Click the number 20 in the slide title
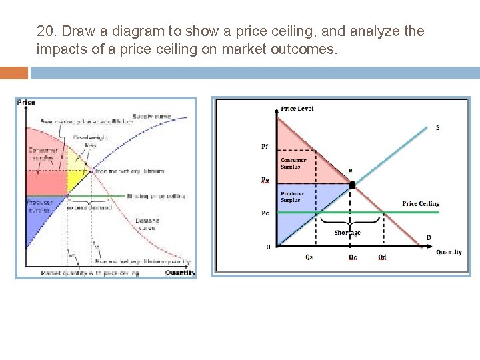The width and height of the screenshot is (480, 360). [45, 31]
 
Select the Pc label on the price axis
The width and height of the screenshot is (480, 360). [266, 213]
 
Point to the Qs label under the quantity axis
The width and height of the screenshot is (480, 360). [309, 257]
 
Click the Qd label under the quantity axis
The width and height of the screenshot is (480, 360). [382, 257]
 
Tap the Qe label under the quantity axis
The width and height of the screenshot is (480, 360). [353, 257]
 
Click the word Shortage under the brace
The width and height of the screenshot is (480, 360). [347, 233]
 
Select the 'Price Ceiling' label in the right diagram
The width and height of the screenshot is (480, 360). [421, 203]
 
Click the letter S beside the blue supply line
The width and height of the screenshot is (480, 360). [437, 127]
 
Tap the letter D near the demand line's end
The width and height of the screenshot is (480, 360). [428, 237]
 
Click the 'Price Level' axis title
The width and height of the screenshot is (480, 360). [297, 109]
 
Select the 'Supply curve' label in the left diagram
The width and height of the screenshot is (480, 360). [151, 117]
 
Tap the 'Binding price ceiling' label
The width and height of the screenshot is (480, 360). [157, 196]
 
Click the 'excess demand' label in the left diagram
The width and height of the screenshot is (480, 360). [89, 207]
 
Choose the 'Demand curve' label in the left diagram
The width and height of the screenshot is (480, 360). [147, 224]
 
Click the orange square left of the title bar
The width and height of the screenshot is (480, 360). [14, 72]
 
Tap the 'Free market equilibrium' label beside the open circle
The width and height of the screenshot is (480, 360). [129, 171]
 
